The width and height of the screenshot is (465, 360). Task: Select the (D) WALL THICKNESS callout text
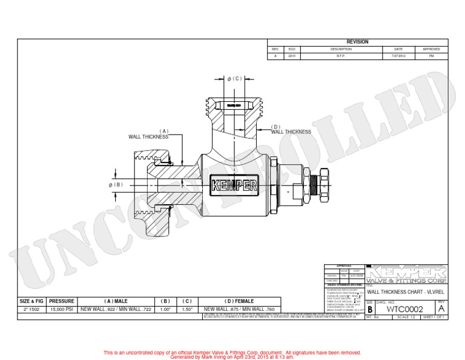[291, 130]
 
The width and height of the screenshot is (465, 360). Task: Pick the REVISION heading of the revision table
[357, 42]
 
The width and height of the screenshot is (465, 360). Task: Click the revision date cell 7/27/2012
[398, 56]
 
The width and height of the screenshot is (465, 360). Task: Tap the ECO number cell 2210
[292, 56]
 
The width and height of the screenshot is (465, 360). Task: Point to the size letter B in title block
[370, 310]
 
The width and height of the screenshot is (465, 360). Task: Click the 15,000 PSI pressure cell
[61, 309]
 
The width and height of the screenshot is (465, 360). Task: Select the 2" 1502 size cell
[31, 309]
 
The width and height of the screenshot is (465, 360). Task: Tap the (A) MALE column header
[116, 301]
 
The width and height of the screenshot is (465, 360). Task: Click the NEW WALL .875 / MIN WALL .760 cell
[239, 309]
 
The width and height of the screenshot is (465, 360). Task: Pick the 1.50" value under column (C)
[188, 309]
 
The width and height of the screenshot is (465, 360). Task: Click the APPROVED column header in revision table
[431, 49]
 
